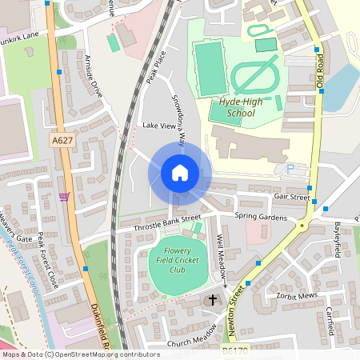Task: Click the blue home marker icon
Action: [180, 173]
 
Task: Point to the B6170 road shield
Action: [233, 350]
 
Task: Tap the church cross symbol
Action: [213, 301]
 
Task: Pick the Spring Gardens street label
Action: [260, 217]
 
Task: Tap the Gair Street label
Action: [291, 196]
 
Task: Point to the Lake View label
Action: [158, 126]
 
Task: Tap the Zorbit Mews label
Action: [294, 295]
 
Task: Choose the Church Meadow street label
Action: [192, 337]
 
